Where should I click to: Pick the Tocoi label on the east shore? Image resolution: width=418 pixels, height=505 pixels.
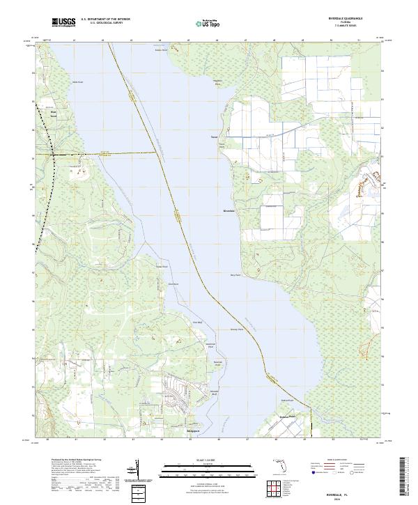click(x=215, y=137)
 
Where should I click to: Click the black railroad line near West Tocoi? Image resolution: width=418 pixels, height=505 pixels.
click(x=54, y=174)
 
